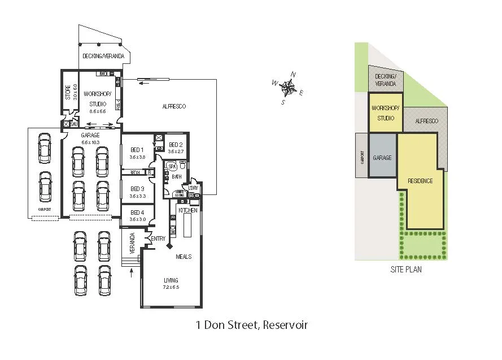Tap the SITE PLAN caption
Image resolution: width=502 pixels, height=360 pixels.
[x=406, y=270]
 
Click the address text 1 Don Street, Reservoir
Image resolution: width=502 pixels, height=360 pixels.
[x=251, y=325]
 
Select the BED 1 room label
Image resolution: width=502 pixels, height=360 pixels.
[x=138, y=150]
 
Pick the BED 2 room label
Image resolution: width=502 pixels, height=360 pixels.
[x=176, y=145]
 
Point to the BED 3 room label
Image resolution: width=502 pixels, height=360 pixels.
[x=138, y=189]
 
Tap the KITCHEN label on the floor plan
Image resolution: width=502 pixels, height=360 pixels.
[x=189, y=210]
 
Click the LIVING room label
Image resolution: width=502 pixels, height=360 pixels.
[x=171, y=280]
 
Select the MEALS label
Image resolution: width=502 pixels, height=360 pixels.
[x=184, y=257]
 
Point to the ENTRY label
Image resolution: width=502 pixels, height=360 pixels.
[x=158, y=239]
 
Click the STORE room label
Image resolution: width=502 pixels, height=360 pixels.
[x=68, y=92]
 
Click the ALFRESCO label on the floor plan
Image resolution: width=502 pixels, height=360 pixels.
[x=174, y=106]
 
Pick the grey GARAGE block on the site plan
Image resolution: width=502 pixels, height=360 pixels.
[x=382, y=158]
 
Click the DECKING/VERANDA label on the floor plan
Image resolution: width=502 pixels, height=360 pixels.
[x=103, y=56]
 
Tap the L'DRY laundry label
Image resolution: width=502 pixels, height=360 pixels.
[x=193, y=188]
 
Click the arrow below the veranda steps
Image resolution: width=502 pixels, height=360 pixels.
[x=132, y=274]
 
